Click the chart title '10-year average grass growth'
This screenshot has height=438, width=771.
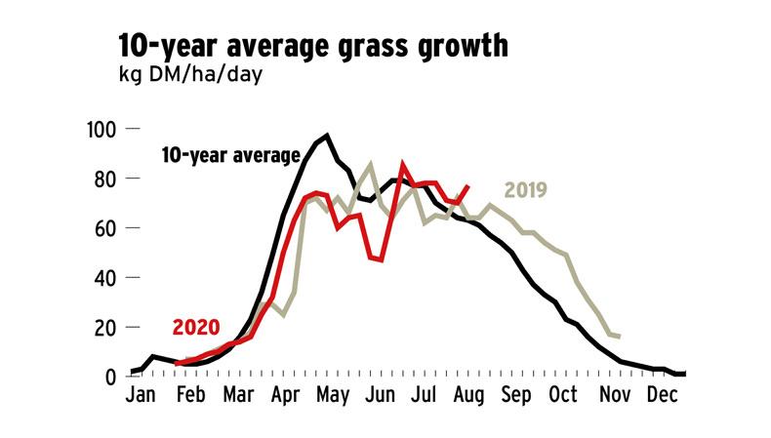click(312, 45)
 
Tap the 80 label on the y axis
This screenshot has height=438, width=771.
click(105, 179)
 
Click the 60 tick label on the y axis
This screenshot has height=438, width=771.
click(105, 228)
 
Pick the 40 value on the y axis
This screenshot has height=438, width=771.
click(105, 277)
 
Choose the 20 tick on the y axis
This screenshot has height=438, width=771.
click(105, 327)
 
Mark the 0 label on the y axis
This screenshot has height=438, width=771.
click(111, 377)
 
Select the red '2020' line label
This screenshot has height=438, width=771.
click(196, 327)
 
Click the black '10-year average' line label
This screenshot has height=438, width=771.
click(231, 154)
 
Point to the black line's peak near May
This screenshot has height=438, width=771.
click(327, 136)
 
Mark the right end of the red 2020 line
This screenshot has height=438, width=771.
click(469, 185)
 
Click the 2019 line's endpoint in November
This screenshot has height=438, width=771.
click(620, 338)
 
